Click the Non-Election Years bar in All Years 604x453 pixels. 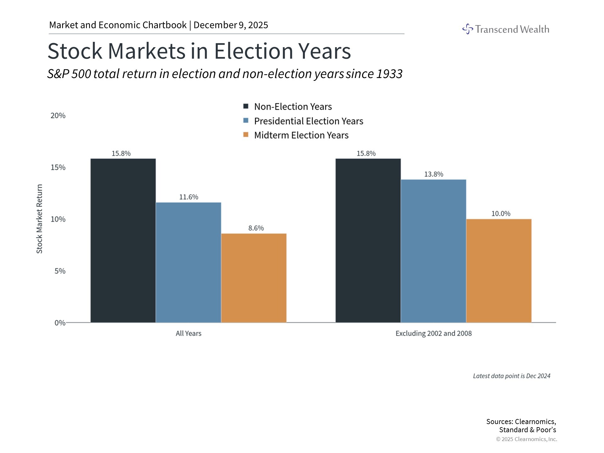[123, 241]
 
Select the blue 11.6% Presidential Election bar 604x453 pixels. [188, 263]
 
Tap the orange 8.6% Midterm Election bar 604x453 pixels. [254, 278]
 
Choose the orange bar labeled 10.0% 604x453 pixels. [499, 271]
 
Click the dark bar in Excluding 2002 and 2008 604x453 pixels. [368, 241]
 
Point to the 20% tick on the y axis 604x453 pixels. [58, 115]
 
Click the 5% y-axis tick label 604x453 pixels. [60, 271]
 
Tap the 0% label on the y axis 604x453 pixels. [60, 323]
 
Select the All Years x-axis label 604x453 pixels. [188, 333]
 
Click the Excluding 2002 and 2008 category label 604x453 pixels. [433, 333]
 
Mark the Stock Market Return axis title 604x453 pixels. [39, 219]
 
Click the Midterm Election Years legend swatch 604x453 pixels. [246, 135]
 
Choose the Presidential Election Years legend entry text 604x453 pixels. [308, 121]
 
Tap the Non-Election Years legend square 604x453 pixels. [246, 106]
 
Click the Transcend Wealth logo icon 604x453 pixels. [467, 29]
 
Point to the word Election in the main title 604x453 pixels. [253, 51]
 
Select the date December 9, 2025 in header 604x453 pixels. [231, 25]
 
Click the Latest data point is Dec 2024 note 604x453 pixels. [512, 376]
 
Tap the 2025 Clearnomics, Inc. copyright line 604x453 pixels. [526, 439]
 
